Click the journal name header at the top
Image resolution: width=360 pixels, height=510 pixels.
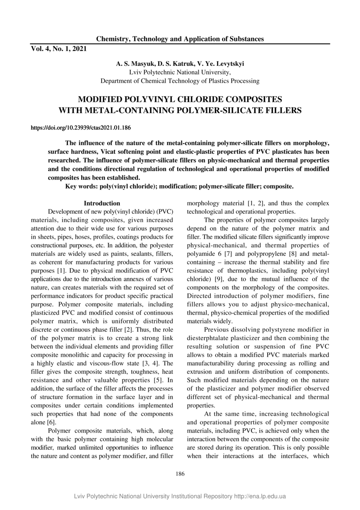[x=180, y=39]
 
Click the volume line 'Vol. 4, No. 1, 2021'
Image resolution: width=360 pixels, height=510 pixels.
[x=59, y=49]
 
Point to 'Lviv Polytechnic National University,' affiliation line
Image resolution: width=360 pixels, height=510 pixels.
[x=180, y=72]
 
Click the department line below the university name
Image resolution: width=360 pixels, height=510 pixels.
[x=180, y=81]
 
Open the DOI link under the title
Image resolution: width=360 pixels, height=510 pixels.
[x=81, y=128]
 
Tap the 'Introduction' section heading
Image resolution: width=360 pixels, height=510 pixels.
[x=102, y=203]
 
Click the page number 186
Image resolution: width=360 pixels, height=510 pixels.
[x=180, y=473]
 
